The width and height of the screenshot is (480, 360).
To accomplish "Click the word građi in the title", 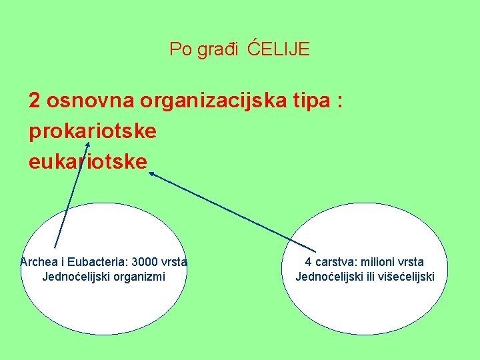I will (217, 50).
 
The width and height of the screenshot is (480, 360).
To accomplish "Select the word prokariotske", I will (93, 131).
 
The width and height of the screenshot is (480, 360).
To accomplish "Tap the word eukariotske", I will (87, 162).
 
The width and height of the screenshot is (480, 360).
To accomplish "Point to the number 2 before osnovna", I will (34, 100).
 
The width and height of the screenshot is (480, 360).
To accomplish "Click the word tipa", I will (312, 101).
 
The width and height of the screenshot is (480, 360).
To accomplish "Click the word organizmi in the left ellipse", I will (141, 276).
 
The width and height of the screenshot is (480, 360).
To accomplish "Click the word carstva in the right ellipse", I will (337, 262).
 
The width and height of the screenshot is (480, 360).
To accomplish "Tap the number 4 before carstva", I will (309, 262).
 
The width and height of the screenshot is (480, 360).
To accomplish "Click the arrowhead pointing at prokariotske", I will (87, 143).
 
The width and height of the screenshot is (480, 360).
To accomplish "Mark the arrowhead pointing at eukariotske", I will (151, 173).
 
